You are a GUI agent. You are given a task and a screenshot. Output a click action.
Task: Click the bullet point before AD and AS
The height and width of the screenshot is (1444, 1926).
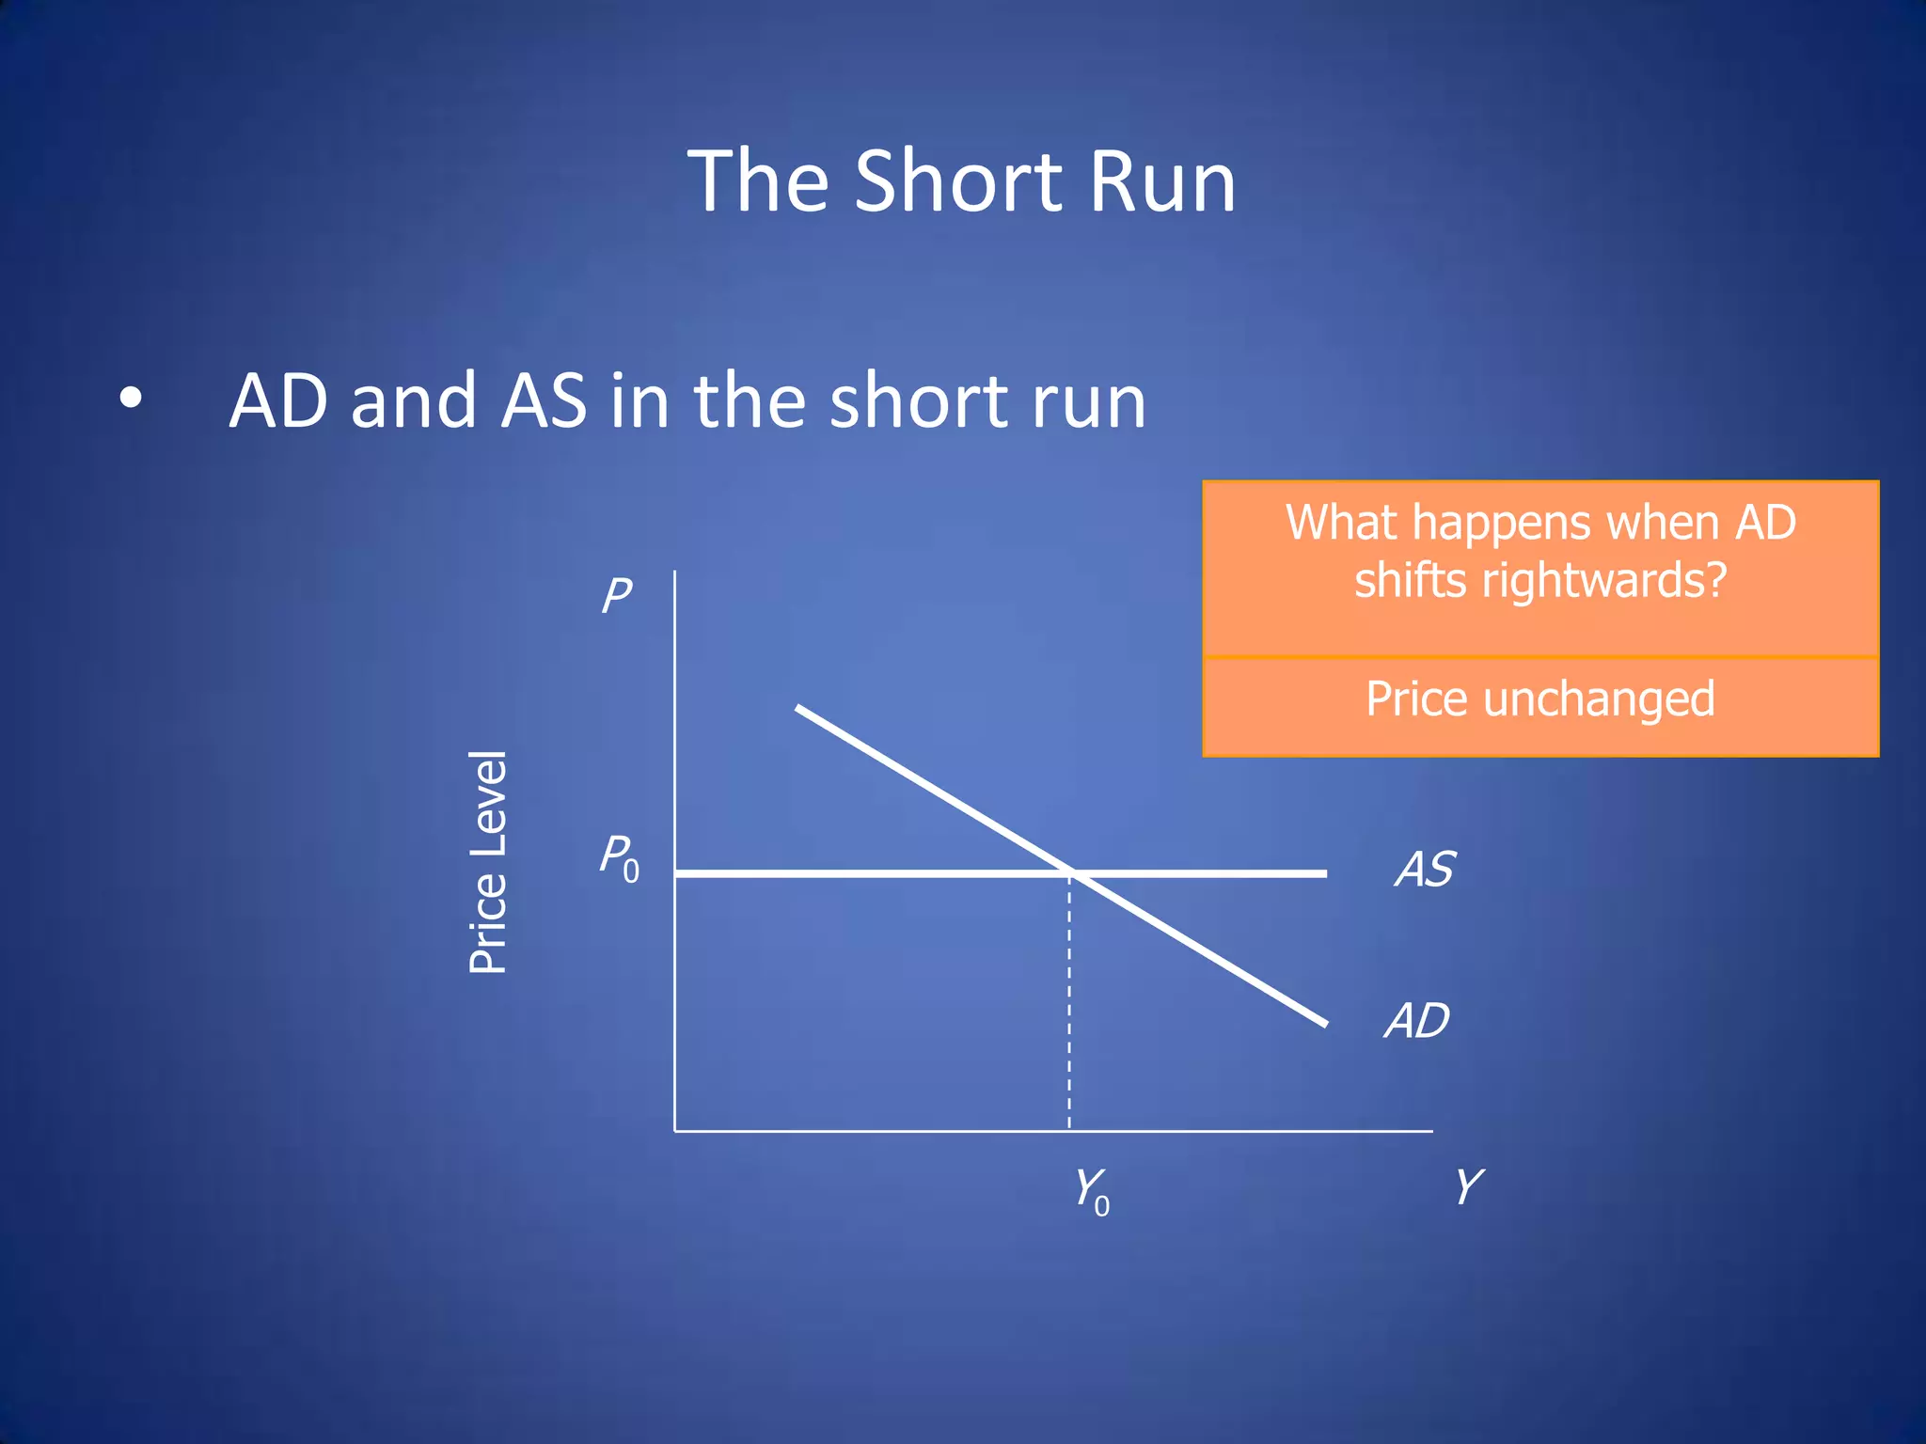[131, 399]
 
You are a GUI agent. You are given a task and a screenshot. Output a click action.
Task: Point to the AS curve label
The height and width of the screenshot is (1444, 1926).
[1425, 869]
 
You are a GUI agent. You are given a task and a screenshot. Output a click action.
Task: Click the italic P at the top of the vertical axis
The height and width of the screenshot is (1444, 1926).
[617, 595]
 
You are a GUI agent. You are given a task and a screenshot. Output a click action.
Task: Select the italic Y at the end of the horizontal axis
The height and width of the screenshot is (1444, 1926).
[1468, 1186]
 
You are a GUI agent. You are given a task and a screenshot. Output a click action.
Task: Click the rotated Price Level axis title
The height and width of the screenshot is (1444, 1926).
[488, 862]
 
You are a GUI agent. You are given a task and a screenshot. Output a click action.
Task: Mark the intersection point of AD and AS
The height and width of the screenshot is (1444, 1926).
[1072, 873]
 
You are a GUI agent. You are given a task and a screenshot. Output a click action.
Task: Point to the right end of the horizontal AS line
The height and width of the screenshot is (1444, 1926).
[1324, 873]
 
